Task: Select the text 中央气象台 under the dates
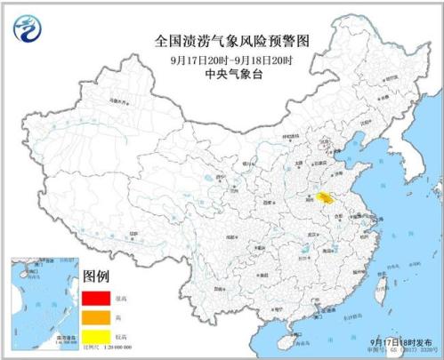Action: pos(231,76)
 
